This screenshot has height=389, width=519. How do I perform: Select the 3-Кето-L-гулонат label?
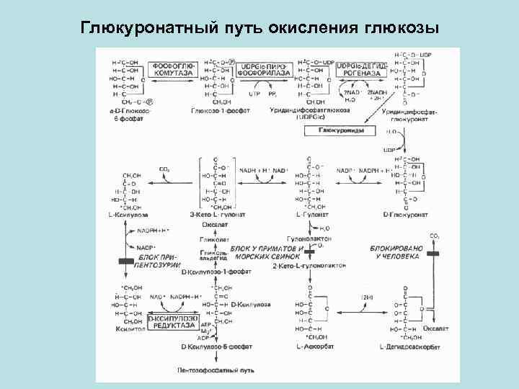click(x=218, y=215)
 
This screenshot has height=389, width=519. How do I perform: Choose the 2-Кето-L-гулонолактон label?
click(x=310, y=266)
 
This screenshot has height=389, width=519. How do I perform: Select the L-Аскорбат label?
click(x=312, y=348)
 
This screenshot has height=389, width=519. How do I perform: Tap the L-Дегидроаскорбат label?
click(x=407, y=348)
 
